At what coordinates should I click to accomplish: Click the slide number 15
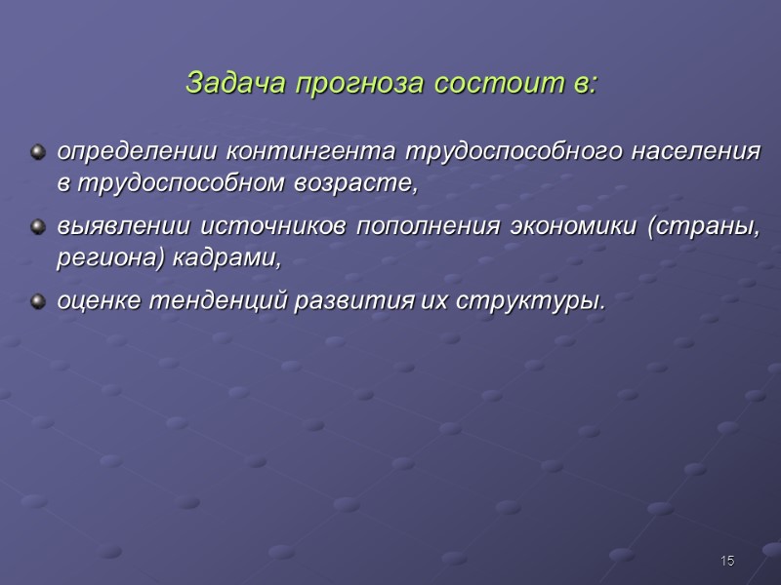pyautogui.click(x=726, y=561)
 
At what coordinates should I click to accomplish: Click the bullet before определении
pyautogui.click(x=39, y=153)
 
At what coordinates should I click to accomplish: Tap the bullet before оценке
pyautogui.click(x=39, y=302)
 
